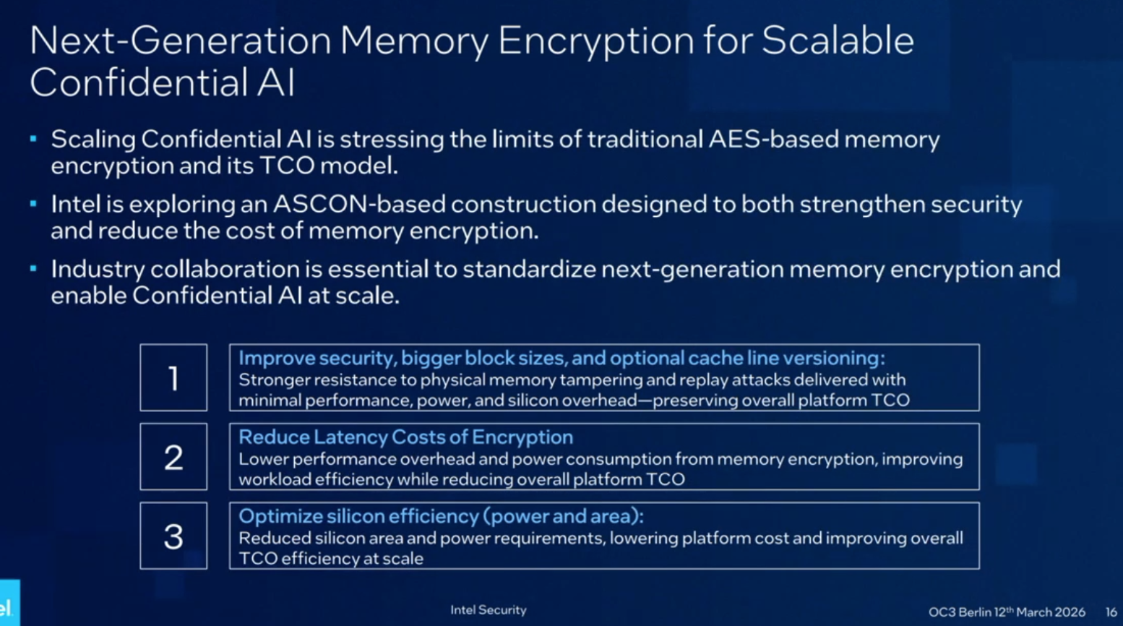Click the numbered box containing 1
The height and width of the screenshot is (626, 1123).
click(x=173, y=378)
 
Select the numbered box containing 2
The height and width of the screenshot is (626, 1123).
click(x=173, y=457)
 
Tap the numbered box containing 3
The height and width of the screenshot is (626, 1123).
click(x=173, y=536)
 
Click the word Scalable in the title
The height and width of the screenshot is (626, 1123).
click(x=838, y=40)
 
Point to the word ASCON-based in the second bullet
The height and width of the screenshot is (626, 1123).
click(x=359, y=205)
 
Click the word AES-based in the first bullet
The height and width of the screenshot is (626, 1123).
click(x=773, y=139)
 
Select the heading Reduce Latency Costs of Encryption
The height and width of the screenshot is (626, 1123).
click(x=405, y=437)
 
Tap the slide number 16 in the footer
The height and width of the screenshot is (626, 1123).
click(x=1111, y=612)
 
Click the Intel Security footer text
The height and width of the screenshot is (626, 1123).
click(x=489, y=610)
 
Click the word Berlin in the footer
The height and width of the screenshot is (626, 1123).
click(x=975, y=612)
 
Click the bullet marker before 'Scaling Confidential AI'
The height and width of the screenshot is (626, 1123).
click(x=33, y=137)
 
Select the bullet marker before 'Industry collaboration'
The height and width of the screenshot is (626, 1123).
click(x=33, y=268)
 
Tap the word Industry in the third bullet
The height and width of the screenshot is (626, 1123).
click(x=98, y=270)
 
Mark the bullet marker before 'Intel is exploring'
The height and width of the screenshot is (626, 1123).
click(x=33, y=203)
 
